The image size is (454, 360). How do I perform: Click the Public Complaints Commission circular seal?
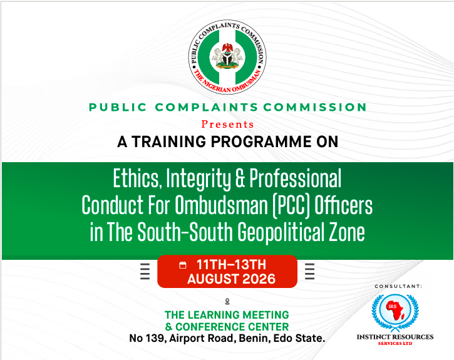pos(227,57)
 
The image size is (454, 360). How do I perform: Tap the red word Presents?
pos(227,124)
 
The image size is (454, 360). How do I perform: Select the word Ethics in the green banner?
pos(136,179)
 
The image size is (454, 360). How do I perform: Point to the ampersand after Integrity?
pos(240,178)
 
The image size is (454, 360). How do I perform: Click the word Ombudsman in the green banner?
pos(222,205)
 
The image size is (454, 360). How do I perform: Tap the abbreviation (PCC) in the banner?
pos(291,206)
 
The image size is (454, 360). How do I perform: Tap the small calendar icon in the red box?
pos(183,265)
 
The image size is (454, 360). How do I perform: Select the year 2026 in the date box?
pos(259,279)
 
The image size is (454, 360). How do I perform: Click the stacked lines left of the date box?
pos(145,271)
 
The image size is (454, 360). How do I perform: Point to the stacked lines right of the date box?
pos(309,271)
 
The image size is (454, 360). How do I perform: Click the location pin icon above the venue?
pos(227,302)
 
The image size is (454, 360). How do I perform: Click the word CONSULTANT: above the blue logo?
pos(398,287)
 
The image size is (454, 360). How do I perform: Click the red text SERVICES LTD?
pos(395,344)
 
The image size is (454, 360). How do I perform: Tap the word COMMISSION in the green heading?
pos(315,107)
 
